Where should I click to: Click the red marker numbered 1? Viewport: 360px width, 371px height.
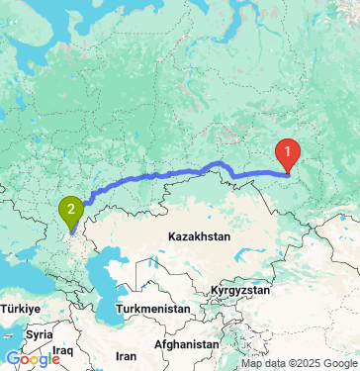(x=288, y=153)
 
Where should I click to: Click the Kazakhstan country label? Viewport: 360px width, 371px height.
(x=198, y=237)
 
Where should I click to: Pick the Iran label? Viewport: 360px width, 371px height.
(x=126, y=355)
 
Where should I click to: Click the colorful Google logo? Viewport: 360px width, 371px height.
(x=33, y=359)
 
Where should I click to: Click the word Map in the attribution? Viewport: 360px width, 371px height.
(x=238, y=363)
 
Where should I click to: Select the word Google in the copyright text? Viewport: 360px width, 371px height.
(x=333, y=363)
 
